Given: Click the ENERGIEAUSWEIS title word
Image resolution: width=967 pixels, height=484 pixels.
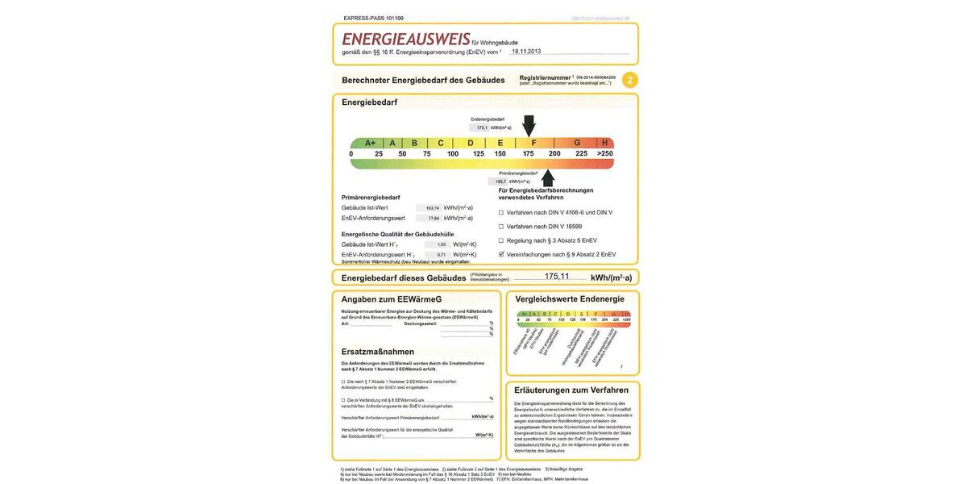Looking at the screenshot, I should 405,40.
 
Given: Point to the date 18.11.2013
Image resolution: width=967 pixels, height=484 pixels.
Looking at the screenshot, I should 525,51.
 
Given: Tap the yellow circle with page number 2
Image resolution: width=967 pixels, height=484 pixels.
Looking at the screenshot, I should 629,80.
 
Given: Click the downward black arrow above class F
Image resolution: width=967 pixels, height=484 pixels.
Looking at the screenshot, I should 529,125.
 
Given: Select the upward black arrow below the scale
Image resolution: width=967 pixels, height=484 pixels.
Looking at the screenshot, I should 548,177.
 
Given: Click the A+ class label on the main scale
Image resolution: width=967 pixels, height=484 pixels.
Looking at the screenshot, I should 370,143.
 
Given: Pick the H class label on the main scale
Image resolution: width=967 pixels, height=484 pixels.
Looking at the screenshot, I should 604,143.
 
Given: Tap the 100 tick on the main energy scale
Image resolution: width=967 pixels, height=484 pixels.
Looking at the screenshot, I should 452,153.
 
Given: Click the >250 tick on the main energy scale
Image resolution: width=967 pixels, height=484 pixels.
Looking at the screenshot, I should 604,153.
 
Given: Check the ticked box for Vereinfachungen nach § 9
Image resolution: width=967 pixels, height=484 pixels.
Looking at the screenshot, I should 501,254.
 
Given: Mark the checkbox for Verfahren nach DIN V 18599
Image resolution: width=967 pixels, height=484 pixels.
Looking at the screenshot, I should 501,227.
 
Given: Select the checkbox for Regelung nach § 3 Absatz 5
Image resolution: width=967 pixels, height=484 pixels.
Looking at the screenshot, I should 501,240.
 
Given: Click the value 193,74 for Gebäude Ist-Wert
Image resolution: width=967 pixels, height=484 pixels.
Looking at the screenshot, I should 433,208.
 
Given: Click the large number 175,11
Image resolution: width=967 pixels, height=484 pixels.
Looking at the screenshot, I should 557,277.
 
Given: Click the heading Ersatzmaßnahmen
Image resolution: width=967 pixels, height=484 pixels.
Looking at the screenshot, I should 378,352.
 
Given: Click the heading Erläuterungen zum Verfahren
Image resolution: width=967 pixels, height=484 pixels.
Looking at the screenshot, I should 571,390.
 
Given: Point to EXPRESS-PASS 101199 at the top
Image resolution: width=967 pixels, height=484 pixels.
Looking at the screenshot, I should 373,18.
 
